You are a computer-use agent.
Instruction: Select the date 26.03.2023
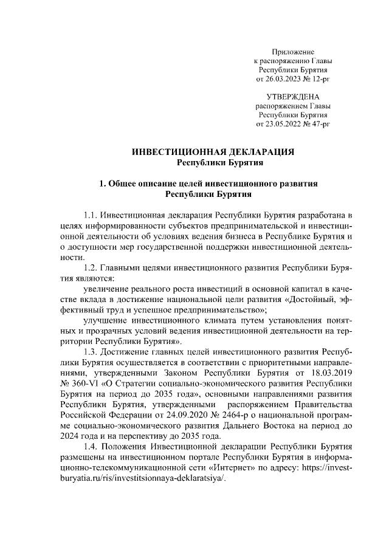[284, 79]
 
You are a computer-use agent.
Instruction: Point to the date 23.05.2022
[284, 123]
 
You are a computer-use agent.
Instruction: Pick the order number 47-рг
[318, 123]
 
